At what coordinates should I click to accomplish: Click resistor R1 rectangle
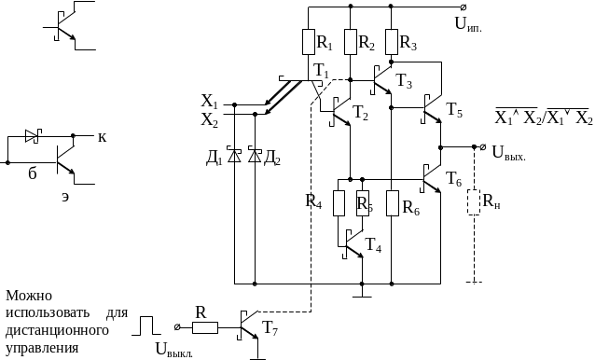click(309, 42)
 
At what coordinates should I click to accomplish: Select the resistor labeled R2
click(351, 42)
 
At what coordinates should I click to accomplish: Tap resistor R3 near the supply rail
click(392, 42)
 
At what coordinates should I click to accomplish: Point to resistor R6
click(392, 203)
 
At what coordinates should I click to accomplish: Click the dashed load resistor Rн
click(474, 202)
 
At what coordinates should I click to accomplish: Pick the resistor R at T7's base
click(205, 327)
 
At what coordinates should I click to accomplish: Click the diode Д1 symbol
click(234, 156)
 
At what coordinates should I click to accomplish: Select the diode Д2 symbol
click(255, 156)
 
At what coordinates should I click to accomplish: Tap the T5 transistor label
click(454, 110)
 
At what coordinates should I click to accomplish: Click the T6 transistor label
click(453, 179)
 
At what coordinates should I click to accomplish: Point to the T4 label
click(373, 245)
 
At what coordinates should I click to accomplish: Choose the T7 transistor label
click(270, 328)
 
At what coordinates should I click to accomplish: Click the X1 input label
click(210, 102)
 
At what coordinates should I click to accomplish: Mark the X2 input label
click(210, 120)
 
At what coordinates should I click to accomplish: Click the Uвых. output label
click(509, 153)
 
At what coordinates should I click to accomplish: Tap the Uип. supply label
click(468, 24)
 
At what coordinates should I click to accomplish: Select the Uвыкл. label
click(174, 350)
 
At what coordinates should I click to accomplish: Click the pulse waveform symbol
click(146, 325)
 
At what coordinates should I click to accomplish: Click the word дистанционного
click(57, 330)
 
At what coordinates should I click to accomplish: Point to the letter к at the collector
click(102, 137)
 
